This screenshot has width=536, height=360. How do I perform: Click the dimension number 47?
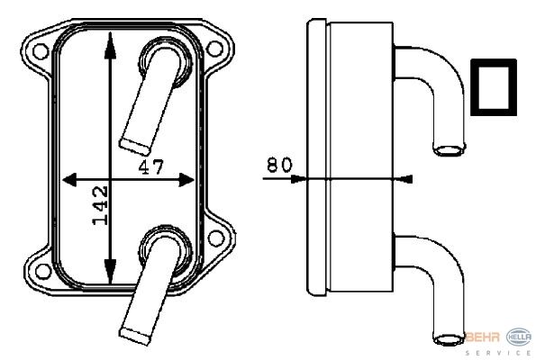coord(151,167)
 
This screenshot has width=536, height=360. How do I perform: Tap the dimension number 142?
coord(101,205)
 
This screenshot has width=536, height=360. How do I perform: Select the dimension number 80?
coord(279,165)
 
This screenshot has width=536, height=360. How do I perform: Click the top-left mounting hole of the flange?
coord(41,51)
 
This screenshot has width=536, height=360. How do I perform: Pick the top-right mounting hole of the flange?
coord(215,49)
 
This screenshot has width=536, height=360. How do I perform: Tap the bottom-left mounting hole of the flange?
coord(43,272)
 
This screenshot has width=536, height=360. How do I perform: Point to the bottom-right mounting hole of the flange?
coord(216,238)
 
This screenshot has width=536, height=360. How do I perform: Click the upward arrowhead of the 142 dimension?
coord(110,45)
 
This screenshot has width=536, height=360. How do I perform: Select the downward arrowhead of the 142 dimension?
coord(110,271)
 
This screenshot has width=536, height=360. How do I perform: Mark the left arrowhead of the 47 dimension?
coord(69,180)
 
